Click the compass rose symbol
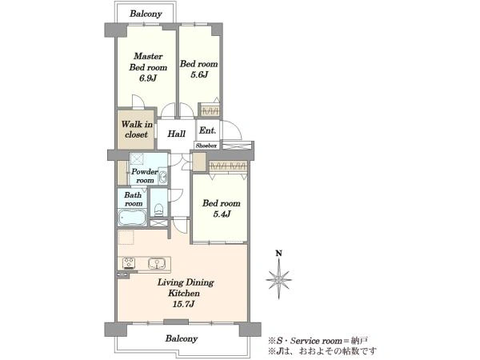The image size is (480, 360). tap(278, 279)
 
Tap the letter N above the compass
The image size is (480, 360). tap(278, 253)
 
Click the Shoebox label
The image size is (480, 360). tap(206, 146)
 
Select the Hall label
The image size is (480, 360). tap(176, 134)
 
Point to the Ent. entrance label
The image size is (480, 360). tap(207, 130)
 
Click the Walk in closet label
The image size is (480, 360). tap(137, 129)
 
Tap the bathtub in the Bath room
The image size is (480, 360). tap(132, 218)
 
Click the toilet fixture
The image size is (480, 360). tap(158, 210)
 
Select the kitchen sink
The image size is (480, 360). tap(157, 263)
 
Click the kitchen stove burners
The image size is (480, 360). tap(129, 263)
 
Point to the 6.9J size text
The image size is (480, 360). tap(148, 78)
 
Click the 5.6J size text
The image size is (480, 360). tap(199, 74)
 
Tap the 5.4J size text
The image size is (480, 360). tap(222, 214)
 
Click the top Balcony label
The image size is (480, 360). tap(146, 14)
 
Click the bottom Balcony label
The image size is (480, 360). tap(182, 338)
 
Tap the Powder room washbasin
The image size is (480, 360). tap(163, 176)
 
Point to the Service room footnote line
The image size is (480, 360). tap(318, 341)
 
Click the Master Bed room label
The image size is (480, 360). tap(148, 62)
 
